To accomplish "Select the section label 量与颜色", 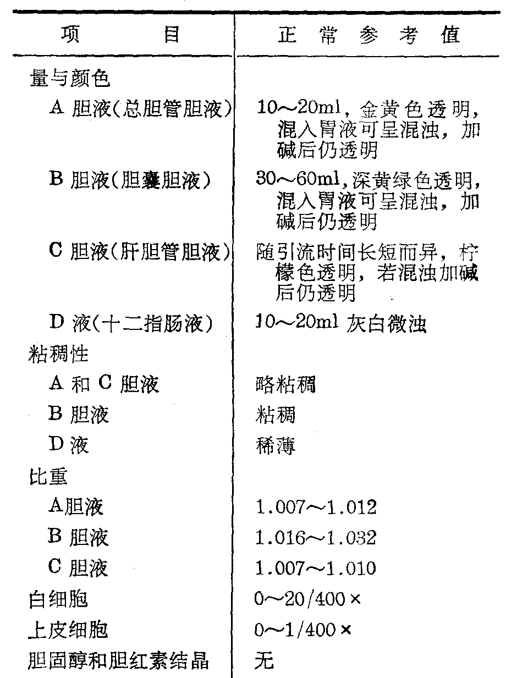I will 69,79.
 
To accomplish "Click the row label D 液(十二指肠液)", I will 131,323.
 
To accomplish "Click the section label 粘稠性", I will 58,354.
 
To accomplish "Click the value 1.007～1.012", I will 316,507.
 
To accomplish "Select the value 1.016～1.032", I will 316,537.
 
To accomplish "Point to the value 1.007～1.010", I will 316,567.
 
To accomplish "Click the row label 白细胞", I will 58,599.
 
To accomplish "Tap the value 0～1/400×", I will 302,630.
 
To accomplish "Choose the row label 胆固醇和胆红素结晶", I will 118,660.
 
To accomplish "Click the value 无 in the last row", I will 263,660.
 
